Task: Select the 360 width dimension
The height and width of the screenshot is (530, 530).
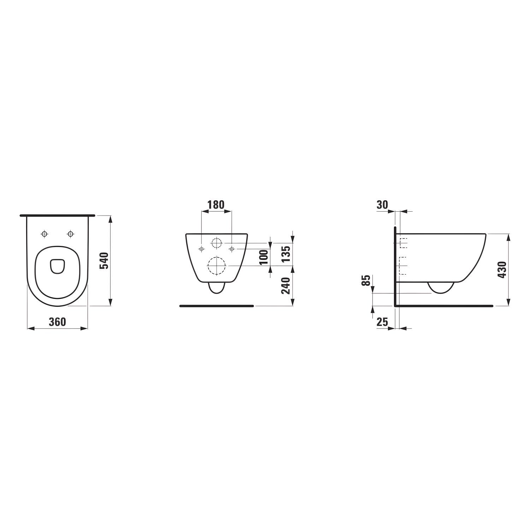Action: (57, 322)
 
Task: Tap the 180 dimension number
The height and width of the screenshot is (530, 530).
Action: (216, 205)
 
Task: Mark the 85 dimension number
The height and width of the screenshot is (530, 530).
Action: (367, 281)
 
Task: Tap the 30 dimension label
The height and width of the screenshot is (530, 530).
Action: (383, 205)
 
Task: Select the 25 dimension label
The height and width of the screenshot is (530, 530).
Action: (383, 322)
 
